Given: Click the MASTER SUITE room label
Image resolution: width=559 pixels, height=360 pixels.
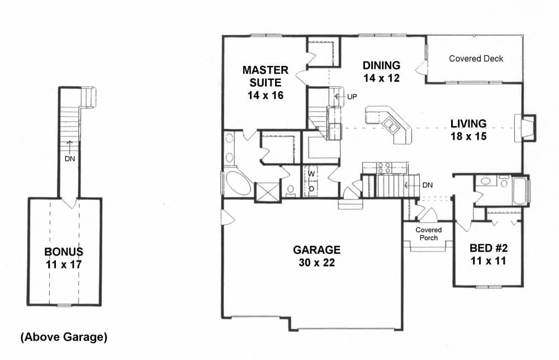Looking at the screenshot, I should coord(266,82).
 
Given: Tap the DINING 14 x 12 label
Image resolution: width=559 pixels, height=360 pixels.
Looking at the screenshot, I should coord(381,71).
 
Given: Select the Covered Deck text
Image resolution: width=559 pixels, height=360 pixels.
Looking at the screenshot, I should coord(476,58).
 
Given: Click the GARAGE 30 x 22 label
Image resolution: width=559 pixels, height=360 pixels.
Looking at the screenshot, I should coord(317,255).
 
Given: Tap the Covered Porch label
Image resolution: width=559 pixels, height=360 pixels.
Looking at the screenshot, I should coord(429,234).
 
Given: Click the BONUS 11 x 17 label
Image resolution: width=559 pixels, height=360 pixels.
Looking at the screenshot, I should coord(64,258).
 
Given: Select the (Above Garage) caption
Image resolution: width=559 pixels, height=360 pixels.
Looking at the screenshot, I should coord(64,337).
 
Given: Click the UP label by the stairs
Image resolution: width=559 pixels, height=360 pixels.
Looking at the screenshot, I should coord(352,97).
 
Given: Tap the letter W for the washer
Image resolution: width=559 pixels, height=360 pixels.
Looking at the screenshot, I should coord(312,174).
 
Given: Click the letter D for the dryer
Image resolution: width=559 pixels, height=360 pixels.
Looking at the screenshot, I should coord(312,188).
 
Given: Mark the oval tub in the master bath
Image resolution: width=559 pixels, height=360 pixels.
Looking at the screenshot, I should coord(238,183).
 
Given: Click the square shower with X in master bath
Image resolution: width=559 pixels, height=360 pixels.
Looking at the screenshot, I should coord(267,192).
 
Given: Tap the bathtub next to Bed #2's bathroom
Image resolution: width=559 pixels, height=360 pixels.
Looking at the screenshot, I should coord(520,190).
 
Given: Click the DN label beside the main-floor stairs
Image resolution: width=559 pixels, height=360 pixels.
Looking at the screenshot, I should coord(427,184).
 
